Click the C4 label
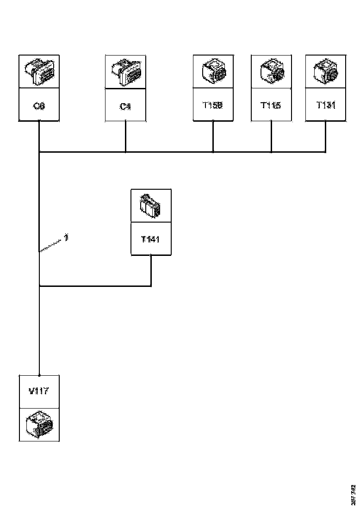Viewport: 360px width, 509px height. (125, 107)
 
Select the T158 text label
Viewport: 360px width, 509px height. (212, 105)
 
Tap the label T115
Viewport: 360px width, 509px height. (270, 105)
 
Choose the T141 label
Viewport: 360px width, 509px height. (151, 239)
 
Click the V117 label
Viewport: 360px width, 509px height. (39, 391)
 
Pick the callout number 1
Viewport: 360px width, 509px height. (66, 237)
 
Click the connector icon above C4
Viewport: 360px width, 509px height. (125, 72)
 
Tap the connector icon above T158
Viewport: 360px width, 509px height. (212, 72)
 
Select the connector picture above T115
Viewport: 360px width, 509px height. (270, 72)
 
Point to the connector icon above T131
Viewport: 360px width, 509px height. (325, 72)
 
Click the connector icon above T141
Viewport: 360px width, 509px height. (151, 206)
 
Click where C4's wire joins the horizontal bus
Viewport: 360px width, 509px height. (125, 152)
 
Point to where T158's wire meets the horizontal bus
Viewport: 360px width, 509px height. (213, 152)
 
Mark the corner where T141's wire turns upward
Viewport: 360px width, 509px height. (151, 286)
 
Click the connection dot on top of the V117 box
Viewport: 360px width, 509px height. (39, 375)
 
